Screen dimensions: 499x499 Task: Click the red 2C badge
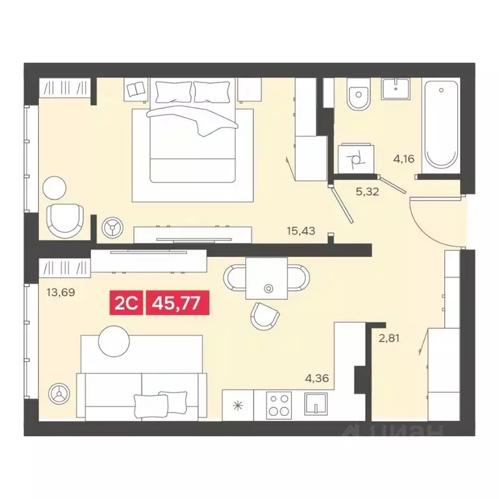pos(127,302)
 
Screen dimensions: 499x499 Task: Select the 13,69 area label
pos(60,292)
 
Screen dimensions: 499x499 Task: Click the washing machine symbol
pos(355,158)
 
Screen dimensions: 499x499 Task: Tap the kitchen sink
pos(314,404)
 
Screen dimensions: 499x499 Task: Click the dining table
pos(266,277)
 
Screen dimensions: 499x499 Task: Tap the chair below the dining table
pos(265,316)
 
